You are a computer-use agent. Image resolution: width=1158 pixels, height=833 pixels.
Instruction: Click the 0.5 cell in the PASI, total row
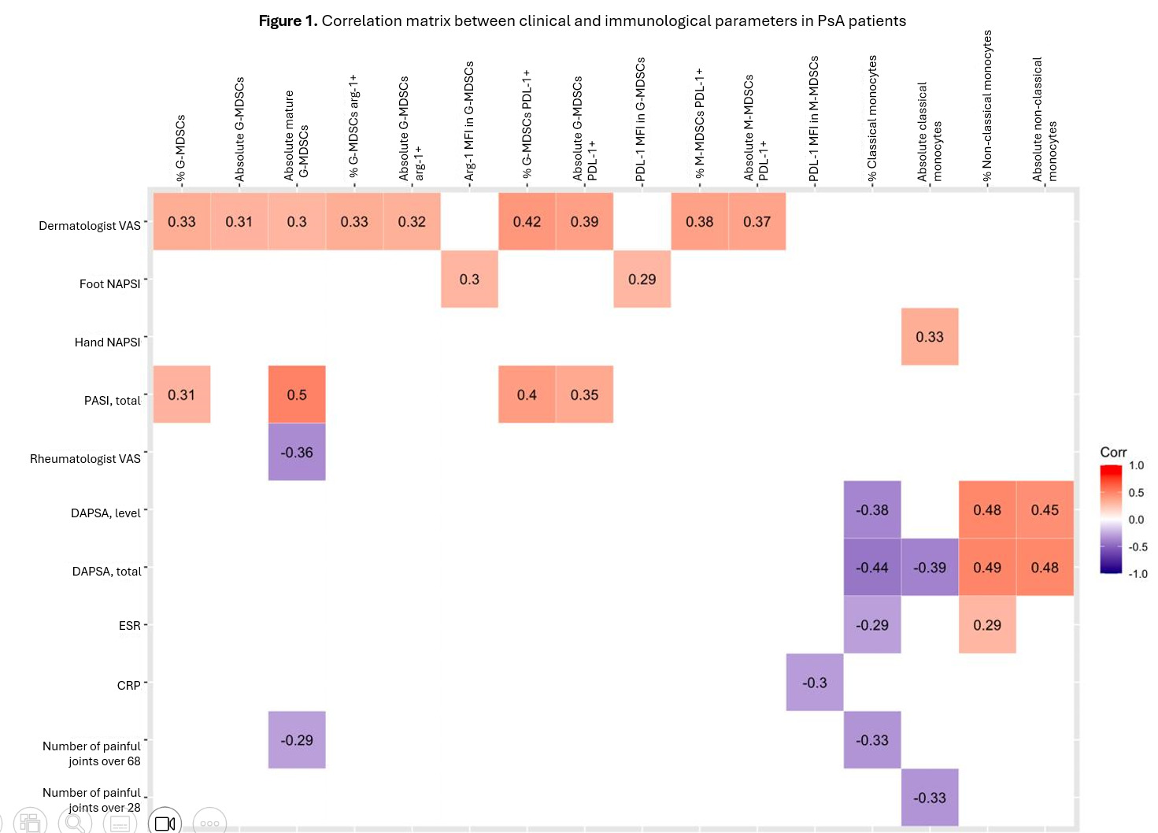click(x=297, y=394)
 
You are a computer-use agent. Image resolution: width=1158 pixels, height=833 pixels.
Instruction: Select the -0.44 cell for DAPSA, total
click(x=872, y=567)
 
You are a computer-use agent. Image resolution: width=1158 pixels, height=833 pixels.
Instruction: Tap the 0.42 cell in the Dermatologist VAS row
click(x=527, y=222)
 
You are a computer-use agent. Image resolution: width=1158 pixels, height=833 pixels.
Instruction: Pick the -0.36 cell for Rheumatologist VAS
click(x=297, y=453)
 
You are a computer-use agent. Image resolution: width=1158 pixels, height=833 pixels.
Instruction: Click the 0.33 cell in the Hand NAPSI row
click(x=930, y=337)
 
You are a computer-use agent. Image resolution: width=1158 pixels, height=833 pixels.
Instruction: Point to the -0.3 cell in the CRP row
click(x=815, y=683)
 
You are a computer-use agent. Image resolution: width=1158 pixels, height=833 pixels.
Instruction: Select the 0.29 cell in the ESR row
click(x=987, y=625)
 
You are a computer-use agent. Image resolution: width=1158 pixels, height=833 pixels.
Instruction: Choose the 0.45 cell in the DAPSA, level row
click(x=1045, y=510)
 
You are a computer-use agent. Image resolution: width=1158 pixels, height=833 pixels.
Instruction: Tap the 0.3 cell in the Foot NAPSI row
click(x=469, y=280)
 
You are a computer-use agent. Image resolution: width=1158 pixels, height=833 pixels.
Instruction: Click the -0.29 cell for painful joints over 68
click(x=297, y=740)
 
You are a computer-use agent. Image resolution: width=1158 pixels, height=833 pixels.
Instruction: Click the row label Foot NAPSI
click(x=109, y=283)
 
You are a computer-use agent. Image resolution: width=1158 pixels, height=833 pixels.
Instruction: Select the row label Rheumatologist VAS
click(x=85, y=458)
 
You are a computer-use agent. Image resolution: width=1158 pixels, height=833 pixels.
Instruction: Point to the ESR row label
click(x=129, y=626)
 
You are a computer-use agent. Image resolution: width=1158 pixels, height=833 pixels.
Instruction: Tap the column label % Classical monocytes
click(x=872, y=118)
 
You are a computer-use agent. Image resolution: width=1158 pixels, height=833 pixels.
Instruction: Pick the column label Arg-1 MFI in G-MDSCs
click(x=469, y=122)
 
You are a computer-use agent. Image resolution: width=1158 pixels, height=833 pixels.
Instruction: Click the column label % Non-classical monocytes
click(x=987, y=106)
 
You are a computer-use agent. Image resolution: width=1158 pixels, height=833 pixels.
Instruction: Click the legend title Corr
click(x=1113, y=452)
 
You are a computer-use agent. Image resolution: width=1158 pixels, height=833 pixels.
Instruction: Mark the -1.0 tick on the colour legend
click(x=1138, y=574)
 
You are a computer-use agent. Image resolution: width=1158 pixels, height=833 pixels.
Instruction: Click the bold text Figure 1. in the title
click(x=288, y=21)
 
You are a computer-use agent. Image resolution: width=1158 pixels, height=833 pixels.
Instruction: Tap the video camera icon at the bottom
click(x=165, y=823)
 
